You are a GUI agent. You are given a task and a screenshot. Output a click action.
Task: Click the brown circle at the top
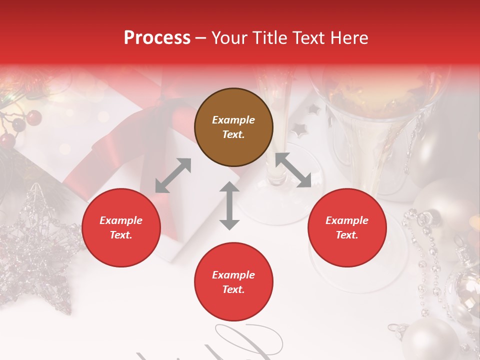pyautogui.click(x=233, y=127)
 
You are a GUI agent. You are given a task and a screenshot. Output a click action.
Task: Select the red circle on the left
pyautogui.click(x=121, y=227)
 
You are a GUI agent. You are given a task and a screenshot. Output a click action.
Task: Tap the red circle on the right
pyautogui.click(x=347, y=227)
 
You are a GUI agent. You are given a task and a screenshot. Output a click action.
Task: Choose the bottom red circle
pyautogui.click(x=233, y=282)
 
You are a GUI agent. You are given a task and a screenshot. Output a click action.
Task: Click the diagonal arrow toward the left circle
pyautogui.click(x=173, y=175)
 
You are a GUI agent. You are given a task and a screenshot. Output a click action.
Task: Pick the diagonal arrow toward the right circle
pyautogui.click(x=293, y=170)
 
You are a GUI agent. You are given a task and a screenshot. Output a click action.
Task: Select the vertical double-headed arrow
pyautogui.click(x=229, y=205)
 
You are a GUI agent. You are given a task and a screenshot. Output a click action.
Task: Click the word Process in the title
pyautogui.click(x=157, y=38)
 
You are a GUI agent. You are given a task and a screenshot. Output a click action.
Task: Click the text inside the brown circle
pyautogui.click(x=233, y=127)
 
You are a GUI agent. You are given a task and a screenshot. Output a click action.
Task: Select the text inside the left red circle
pyautogui.click(x=121, y=227)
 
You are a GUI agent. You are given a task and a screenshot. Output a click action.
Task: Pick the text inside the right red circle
pyautogui.click(x=347, y=227)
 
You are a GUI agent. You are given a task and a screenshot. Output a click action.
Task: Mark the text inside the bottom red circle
pyautogui.click(x=233, y=282)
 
